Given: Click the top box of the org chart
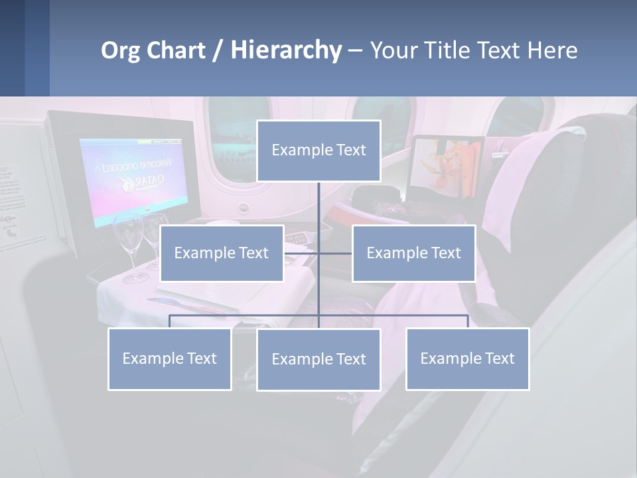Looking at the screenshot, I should tap(318, 151).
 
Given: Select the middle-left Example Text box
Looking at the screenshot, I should tap(222, 253).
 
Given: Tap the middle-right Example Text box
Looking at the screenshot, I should tap(413, 253).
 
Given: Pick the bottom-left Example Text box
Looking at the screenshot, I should tap(169, 358).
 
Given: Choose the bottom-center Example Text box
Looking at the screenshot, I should tap(318, 359).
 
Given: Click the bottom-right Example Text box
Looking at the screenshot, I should tap(467, 358).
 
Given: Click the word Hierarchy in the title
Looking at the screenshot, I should tap(285, 50).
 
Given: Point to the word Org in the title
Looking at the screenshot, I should tap(121, 50).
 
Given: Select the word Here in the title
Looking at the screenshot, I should tap(553, 50).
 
